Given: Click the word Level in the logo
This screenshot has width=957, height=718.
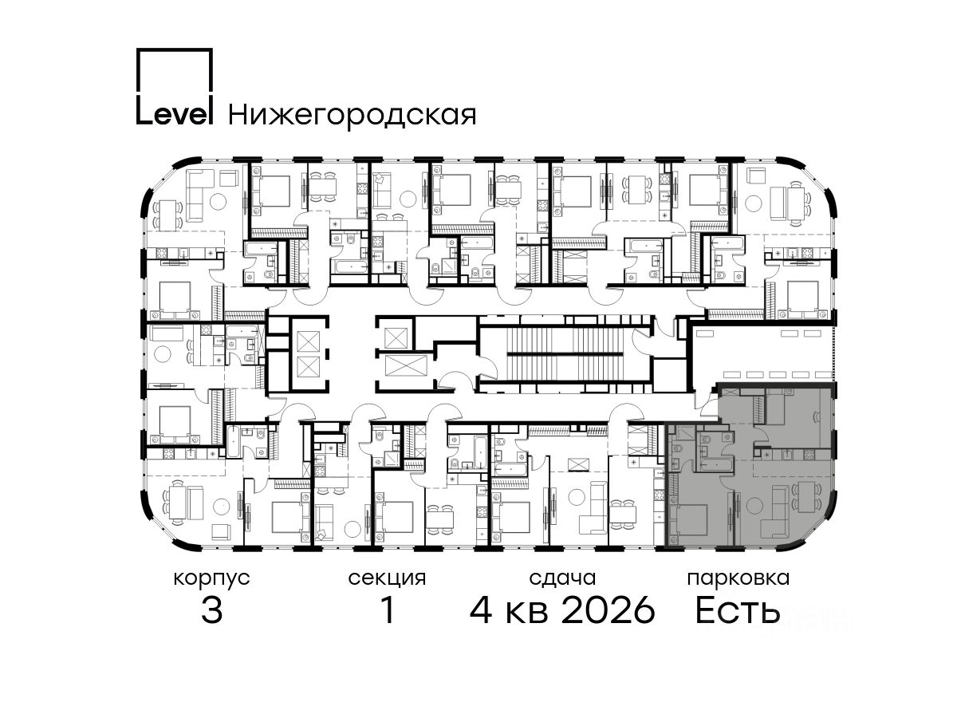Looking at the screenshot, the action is tap(175, 114).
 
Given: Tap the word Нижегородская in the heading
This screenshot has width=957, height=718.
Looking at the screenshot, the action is tap(352, 116).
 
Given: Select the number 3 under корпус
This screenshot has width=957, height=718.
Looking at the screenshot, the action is tap(212, 611).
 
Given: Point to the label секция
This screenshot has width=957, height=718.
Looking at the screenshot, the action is tap(387, 579).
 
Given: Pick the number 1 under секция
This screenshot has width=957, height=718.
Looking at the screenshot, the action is tap(388, 611).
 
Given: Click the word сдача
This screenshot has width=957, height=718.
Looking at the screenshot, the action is tap(562, 579).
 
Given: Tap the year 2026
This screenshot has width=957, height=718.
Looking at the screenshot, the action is tap(608, 611).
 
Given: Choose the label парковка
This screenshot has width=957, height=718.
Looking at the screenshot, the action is tap(738, 579).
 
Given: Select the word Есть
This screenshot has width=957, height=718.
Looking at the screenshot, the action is tap(737, 611).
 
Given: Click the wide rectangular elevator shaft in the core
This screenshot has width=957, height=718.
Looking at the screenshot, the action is tap(407, 365).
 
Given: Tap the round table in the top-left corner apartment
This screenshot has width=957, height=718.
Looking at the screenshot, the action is tap(218, 201).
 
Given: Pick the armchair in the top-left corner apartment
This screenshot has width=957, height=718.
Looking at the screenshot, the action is tap(229, 178).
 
